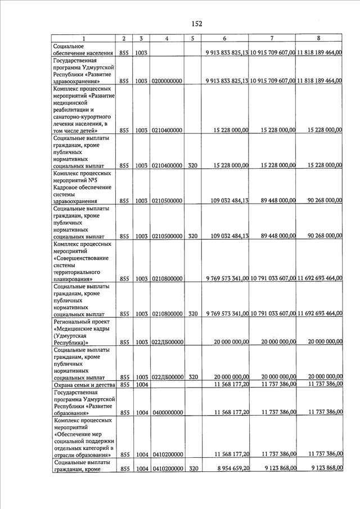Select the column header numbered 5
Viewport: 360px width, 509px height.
pyautogui.click(x=192, y=38)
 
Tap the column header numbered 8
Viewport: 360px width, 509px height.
pyautogui.click(x=319, y=38)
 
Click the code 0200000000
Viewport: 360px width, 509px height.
pyautogui.click(x=166, y=81)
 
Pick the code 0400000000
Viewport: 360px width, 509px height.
pyautogui.click(x=166, y=412)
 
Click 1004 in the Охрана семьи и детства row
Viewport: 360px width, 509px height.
pyautogui.click(x=141, y=385)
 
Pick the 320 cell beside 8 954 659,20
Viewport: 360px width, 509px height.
pyautogui.click(x=192, y=468)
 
